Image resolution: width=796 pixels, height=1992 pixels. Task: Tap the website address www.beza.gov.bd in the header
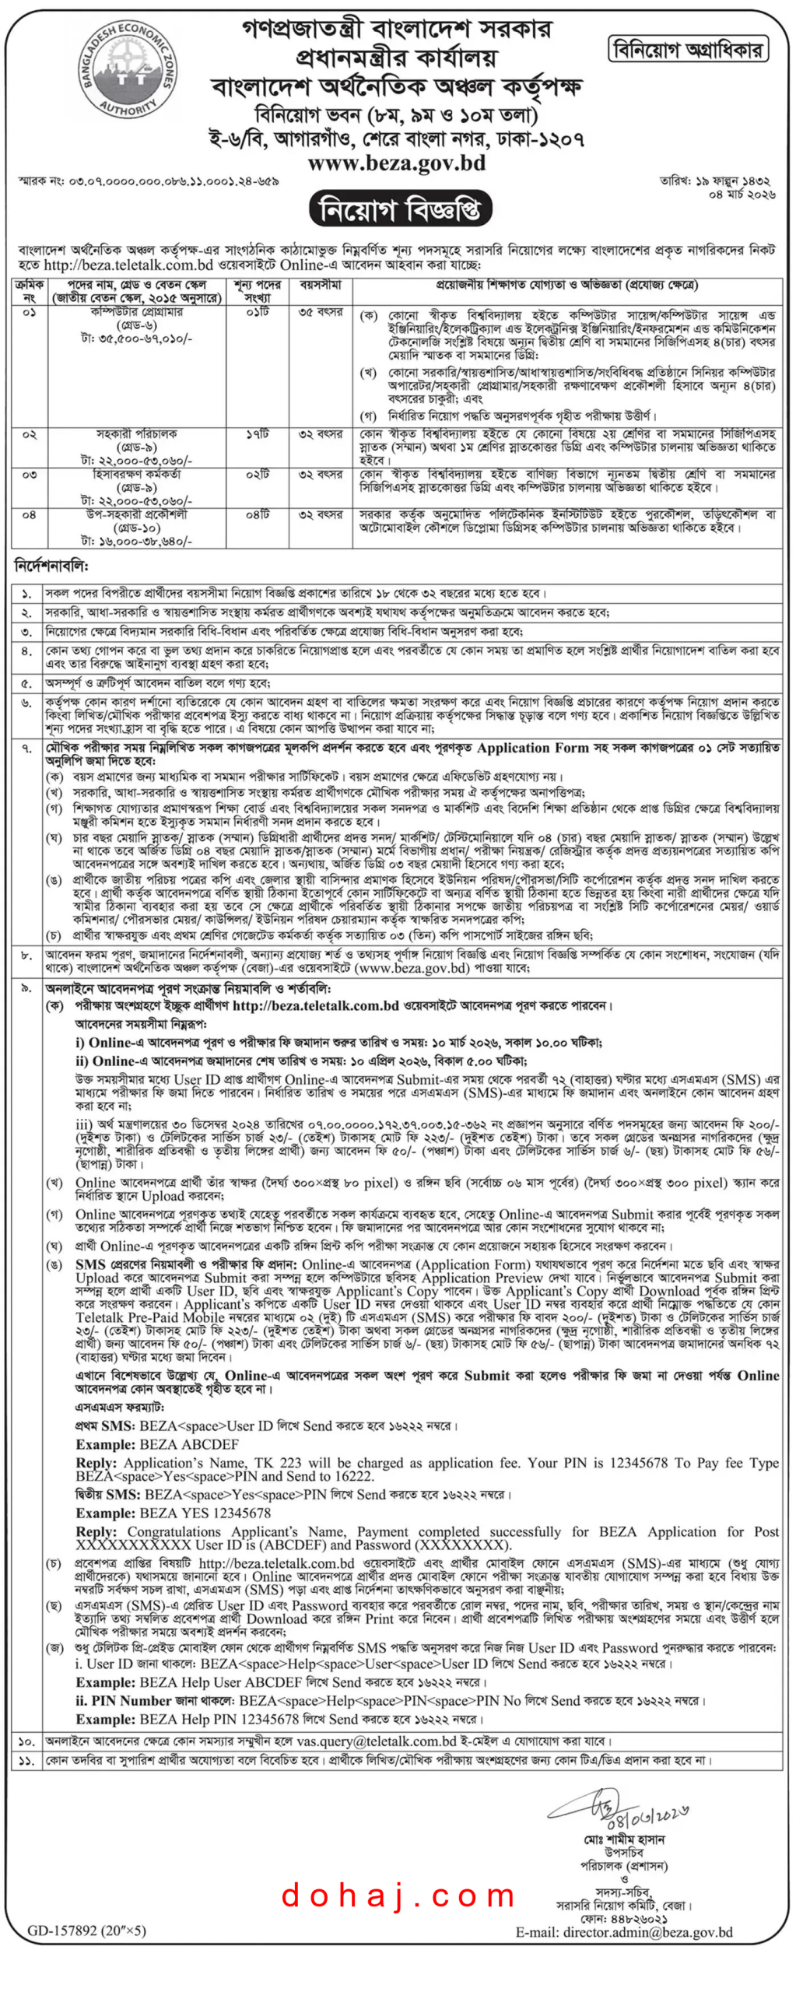tap(396, 163)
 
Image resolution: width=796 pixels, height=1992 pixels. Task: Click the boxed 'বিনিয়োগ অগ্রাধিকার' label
tap(687, 50)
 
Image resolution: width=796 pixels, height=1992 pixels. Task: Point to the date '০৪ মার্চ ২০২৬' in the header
tap(741, 195)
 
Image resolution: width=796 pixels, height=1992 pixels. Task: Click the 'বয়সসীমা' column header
tap(320, 286)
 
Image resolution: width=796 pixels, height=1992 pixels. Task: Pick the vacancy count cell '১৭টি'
tap(258, 433)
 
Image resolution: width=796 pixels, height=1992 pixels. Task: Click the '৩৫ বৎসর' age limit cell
tap(320, 312)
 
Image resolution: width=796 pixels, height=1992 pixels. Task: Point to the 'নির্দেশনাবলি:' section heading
tap(52, 566)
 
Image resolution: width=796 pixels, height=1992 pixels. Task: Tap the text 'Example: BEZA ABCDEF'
tap(157, 1443)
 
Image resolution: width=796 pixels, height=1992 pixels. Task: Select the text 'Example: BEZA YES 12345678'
tap(173, 1513)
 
